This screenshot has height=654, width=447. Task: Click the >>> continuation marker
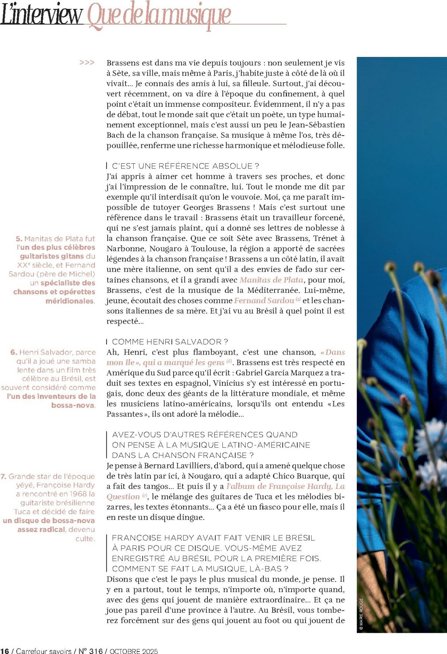coord(87,62)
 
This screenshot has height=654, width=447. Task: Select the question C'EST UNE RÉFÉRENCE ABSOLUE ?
coord(186,166)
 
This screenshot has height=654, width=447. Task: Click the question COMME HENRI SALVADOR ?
coord(170,342)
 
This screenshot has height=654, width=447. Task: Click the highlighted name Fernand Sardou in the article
coord(264,301)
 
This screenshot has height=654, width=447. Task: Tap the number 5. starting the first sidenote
coord(19,238)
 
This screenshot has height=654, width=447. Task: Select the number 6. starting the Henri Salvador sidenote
coord(14,352)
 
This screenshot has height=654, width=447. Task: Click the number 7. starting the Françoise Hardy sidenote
coord(3,476)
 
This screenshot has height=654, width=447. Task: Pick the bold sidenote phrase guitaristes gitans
coord(52,256)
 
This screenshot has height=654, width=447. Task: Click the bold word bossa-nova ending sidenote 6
coord(73,405)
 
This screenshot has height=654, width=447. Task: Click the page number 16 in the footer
coord(5,651)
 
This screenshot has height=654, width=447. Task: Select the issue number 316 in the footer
coord(96,651)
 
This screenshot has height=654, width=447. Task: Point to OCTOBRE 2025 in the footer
coord(133,651)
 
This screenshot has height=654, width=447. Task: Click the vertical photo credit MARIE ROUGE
coord(361,613)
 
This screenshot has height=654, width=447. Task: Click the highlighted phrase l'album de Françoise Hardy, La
coord(285,486)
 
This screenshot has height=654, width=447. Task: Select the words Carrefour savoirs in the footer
coord(44,651)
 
